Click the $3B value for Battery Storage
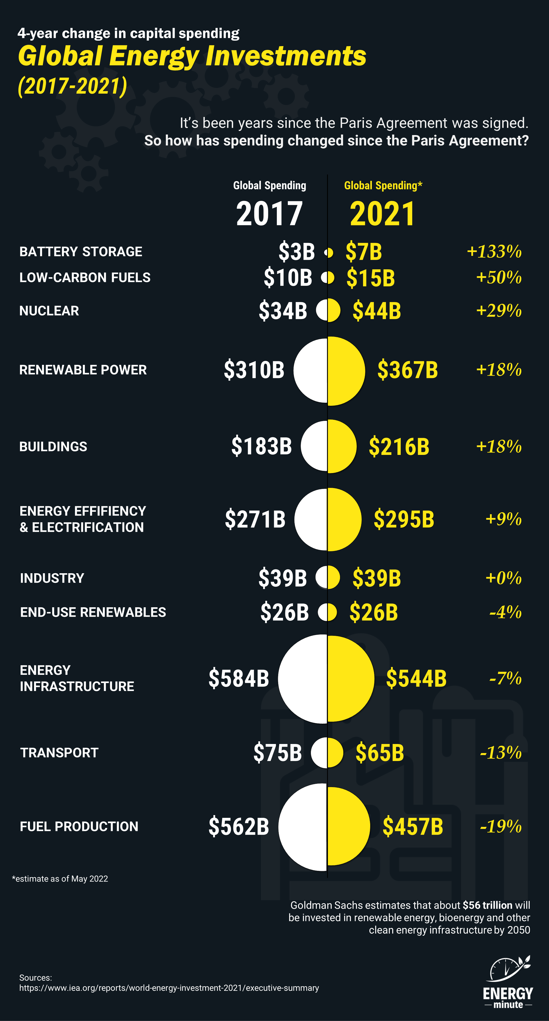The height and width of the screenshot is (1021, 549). point(297,252)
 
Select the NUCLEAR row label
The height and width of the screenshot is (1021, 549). point(49,311)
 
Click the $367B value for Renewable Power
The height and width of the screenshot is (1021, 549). point(408,370)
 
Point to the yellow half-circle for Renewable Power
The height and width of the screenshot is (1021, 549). point(345,371)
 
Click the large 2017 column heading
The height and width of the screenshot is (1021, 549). point(269,214)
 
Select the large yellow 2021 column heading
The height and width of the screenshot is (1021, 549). point(383,214)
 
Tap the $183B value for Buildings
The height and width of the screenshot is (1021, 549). point(262,446)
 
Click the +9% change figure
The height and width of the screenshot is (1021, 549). point(503,519)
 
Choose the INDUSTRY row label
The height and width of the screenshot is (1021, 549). point(52,578)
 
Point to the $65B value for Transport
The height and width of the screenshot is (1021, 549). point(380,753)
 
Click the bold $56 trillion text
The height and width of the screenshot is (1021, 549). point(487,905)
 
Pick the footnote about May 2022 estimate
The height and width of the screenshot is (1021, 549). point(60,879)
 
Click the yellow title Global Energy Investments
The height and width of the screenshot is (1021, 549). point(192,56)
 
